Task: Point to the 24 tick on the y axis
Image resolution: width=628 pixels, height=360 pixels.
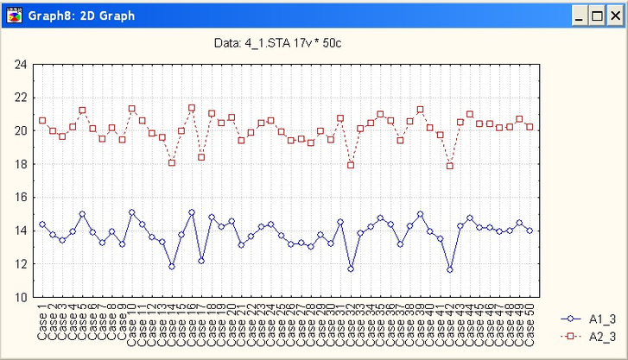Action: [x=21, y=64]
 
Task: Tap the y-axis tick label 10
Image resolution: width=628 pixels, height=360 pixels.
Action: [x=21, y=297]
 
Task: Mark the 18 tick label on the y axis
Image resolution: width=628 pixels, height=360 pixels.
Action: [x=21, y=164]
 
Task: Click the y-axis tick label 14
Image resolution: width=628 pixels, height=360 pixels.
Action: [x=21, y=231]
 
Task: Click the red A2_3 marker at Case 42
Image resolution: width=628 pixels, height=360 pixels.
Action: [x=450, y=166]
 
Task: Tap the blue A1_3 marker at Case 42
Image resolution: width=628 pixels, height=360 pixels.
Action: [x=450, y=269]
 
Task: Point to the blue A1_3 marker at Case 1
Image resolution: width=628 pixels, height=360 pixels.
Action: [x=42, y=224]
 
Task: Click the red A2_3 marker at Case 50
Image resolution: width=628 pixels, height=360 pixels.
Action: [x=530, y=127]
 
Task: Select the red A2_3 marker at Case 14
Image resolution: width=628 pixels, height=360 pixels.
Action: [x=172, y=162]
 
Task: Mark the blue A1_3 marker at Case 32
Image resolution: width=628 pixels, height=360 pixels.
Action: [x=351, y=268]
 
